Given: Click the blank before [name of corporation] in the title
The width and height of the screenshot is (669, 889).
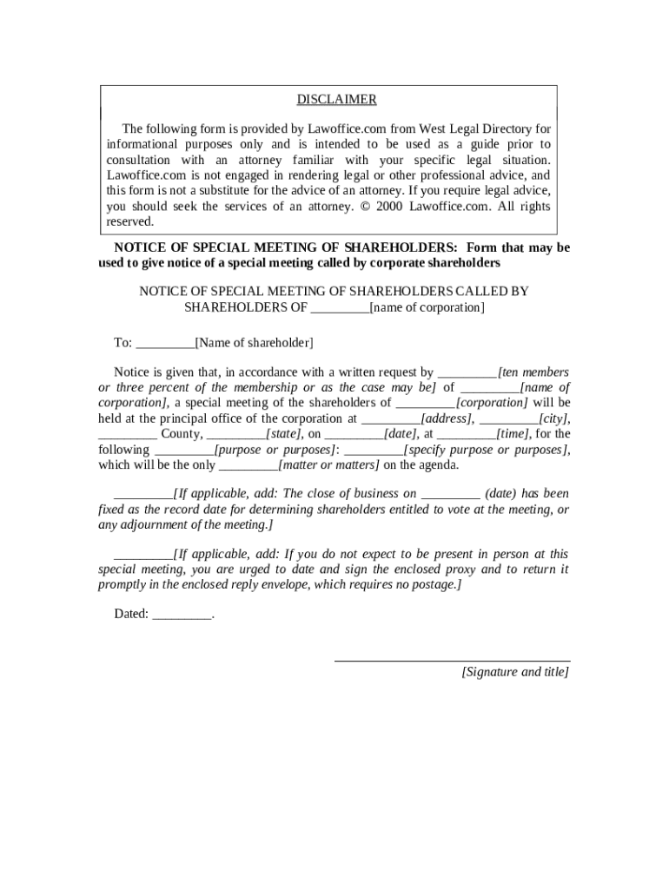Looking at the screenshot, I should tap(340, 308).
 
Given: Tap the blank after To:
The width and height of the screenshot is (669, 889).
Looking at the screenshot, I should tap(166, 344).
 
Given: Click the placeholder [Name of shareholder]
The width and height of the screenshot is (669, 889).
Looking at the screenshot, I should tap(254, 343).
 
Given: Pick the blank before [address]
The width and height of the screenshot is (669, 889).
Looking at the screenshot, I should tap(391, 418).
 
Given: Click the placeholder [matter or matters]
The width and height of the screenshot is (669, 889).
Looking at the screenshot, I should tap(328, 465).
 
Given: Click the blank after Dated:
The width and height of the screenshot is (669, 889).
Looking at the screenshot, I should tap(182, 615).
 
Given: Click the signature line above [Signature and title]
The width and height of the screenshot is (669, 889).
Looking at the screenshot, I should tap(453, 662).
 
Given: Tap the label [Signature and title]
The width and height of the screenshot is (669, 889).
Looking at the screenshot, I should tap(515, 672).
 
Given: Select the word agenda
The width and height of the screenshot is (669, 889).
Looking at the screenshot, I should tap(437, 465).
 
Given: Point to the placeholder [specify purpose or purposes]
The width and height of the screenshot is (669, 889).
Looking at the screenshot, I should tap(487, 450).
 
